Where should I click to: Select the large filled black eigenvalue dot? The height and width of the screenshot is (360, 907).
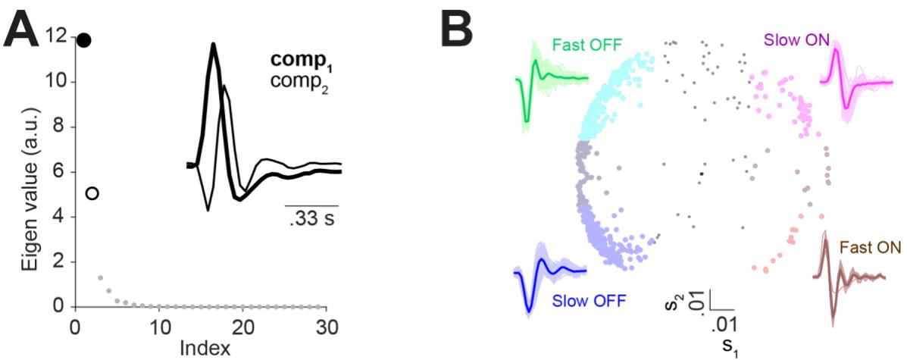click(83, 39)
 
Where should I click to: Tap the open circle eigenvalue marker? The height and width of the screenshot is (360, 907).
click(92, 193)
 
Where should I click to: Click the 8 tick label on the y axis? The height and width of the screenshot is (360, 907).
click(58, 127)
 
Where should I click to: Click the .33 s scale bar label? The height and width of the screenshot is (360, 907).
click(311, 218)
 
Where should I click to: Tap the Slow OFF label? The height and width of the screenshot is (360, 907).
click(588, 301)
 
